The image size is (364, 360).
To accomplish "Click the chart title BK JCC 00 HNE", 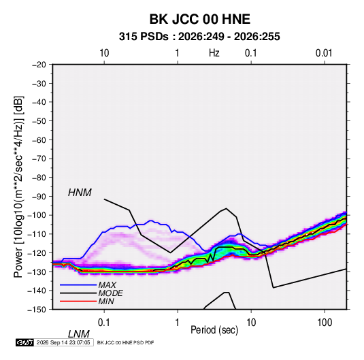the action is click(199, 19).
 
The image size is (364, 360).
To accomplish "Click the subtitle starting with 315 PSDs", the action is click(199, 37).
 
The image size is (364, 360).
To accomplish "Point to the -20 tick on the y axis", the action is click(39, 65).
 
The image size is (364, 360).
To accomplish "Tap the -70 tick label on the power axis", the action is click(39, 159).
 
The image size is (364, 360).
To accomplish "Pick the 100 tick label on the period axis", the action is click(325, 323).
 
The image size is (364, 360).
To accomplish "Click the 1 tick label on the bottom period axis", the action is click(178, 323).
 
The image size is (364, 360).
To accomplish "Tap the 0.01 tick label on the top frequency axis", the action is click(324, 53).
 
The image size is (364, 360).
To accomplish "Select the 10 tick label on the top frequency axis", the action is click(104, 53).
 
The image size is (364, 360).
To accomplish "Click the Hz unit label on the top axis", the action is click(214, 53).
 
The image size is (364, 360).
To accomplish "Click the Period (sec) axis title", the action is click(214, 330).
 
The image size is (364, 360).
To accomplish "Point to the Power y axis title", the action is click(18, 186).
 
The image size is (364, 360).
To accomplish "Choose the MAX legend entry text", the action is click(107, 284).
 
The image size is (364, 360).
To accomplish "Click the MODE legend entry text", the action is click(110, 293).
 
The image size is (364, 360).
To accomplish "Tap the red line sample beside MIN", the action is click(78, 301).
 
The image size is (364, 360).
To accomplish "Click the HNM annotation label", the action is click(80, 193).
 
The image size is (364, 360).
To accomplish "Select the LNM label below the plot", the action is click(78, 334).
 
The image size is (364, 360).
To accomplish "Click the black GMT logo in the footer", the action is click(24, 342).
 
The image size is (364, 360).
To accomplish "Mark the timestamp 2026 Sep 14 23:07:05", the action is click(63, 342).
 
